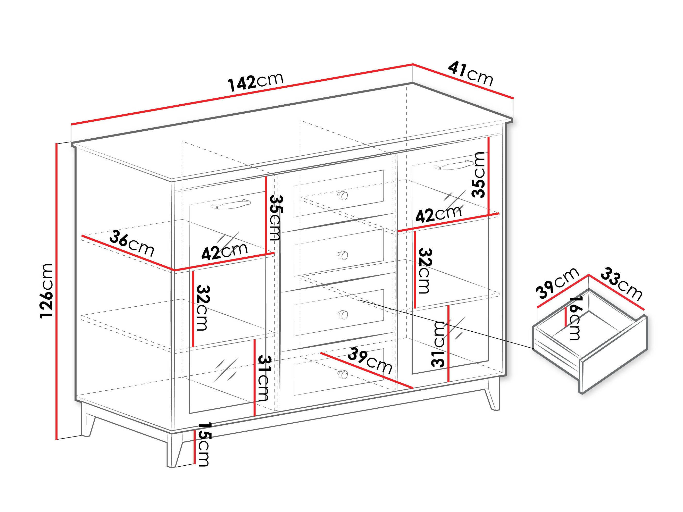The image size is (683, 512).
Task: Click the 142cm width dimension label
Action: tap(255, 82)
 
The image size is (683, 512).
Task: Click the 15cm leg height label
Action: tap(204, 444)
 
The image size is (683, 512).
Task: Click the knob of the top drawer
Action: tap(343, 195)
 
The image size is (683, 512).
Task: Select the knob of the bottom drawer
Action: tap(343, 374)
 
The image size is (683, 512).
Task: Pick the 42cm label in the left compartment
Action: tap(224, 251)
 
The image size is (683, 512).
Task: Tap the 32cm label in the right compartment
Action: tap(425, 271)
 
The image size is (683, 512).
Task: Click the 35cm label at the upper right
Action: tap(478, 175)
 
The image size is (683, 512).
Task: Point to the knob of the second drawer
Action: tap(343, 255)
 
